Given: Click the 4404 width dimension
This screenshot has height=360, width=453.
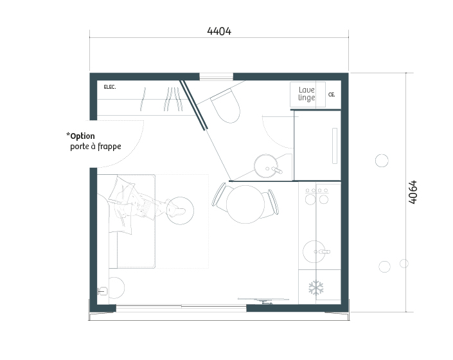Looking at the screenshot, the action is click(x=219, y=31).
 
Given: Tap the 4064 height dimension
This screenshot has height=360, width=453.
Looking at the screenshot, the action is click(x=413, y=192).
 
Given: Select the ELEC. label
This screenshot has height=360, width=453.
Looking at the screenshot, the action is click(x=110, y=87).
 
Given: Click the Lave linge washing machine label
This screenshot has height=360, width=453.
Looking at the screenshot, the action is click(x=306, y=94).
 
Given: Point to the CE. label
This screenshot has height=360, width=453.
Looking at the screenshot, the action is click(x=332, y=94).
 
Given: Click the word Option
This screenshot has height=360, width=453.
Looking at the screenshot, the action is click(x=82, y=136).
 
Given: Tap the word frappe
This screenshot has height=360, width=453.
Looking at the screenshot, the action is click(x=109, y=147).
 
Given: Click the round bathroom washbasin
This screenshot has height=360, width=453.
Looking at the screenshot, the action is click(x=266, y=166).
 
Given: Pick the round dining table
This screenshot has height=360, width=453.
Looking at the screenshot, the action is click(x=245, y=204).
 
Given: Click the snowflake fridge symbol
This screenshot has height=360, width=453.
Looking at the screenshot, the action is click(x=316, y=287).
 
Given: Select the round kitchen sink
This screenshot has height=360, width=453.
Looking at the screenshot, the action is click(x=314, y=251).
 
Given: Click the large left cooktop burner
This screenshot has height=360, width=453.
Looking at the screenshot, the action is click(x=310, y=200).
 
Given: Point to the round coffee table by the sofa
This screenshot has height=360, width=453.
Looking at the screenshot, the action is click(x=180, y=211).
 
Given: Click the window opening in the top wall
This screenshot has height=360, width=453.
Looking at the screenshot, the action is click(x=216, y=76).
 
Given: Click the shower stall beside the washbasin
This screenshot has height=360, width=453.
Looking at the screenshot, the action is click(x=317, y=145).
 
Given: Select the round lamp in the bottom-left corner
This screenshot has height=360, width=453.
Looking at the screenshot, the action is click(x=114, y=288).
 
